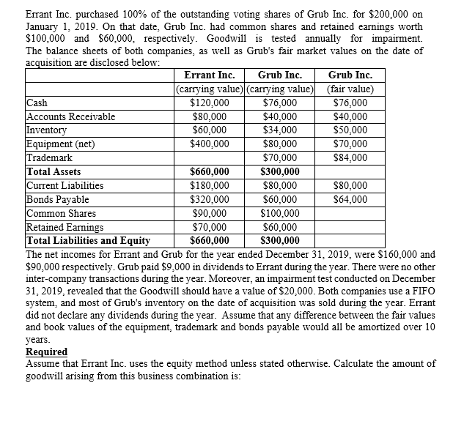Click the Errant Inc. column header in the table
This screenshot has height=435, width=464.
(209, 75)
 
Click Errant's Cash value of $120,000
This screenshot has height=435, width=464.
(209, 103)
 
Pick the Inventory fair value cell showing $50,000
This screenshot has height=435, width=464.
(350, 130)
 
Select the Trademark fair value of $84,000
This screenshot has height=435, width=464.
(350, 157)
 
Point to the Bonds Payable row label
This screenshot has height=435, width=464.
(57, 199)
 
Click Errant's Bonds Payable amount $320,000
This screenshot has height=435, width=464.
(209, 199)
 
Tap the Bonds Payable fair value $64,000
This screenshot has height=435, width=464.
(350, 199)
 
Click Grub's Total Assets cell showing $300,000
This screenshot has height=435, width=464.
(279, 171)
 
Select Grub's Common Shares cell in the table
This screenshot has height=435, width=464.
(279, 213)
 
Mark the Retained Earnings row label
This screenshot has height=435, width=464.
(62, 227)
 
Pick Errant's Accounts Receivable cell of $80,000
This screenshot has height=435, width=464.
(209, 116)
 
